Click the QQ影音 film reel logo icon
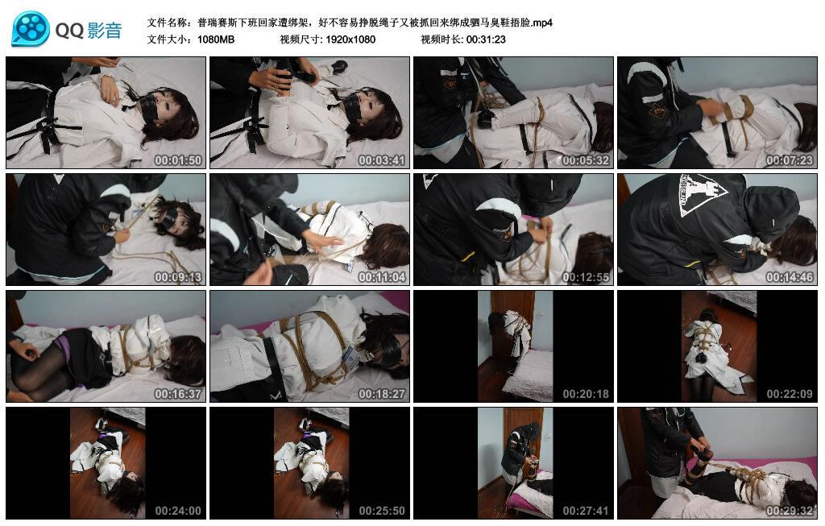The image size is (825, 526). (31, 30)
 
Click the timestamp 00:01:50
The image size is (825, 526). (178, 160)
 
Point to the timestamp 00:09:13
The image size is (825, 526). (178, 277)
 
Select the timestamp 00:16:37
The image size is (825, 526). (178, 394)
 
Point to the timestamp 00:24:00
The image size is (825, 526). (178, 511)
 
